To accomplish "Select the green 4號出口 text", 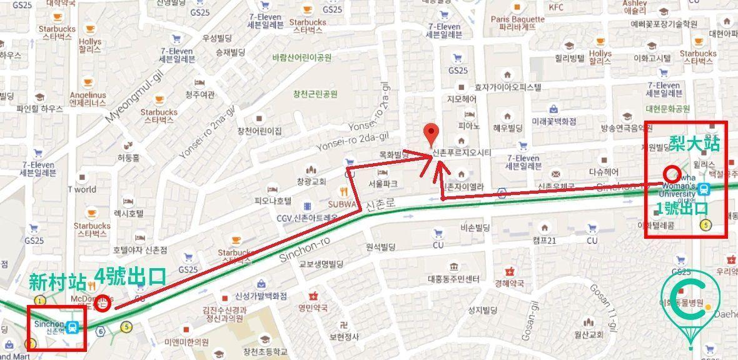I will [130, 276].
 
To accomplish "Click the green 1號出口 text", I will [682, 208].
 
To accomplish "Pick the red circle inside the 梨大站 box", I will [672, 173].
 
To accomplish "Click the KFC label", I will [556, 7].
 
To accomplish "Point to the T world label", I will [82, 189].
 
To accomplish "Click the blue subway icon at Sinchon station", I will [74, 327].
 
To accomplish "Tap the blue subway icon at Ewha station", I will [705, 188].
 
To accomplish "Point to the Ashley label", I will [635, 7].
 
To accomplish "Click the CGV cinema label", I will [307, 217].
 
